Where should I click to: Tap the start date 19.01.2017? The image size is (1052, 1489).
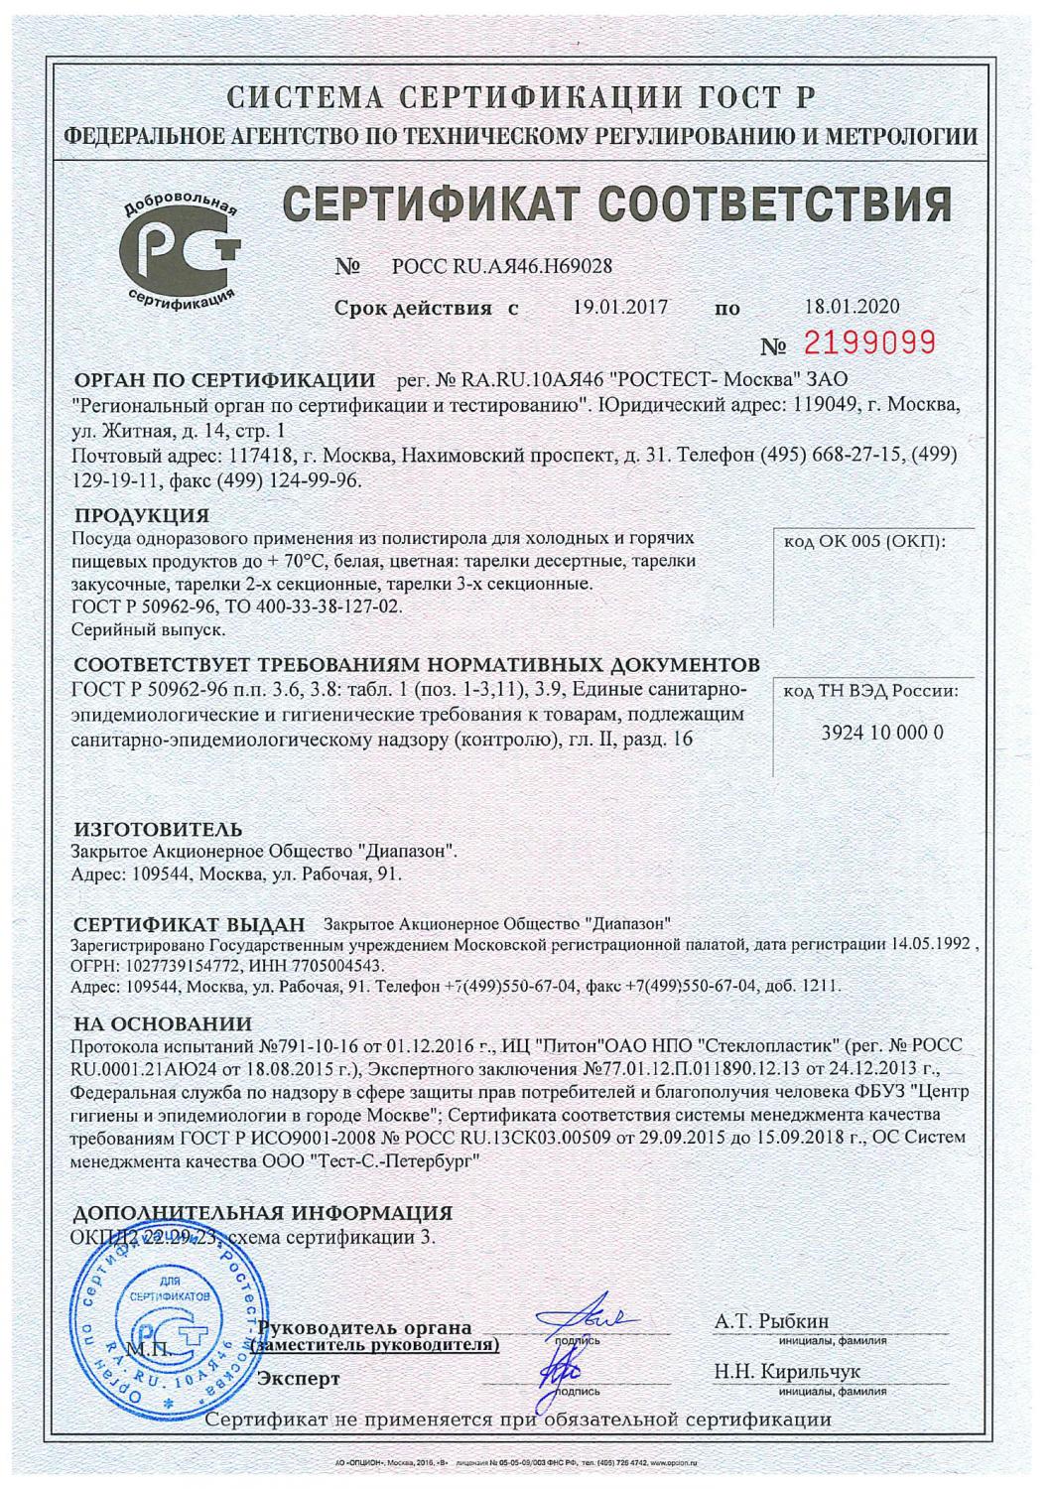point(620,307)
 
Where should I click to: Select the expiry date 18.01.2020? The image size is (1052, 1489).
point(852,307)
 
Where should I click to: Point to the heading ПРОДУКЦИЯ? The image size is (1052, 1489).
point(142,515)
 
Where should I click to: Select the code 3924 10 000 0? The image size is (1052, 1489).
point(870,733)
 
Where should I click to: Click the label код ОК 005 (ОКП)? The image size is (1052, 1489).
point(866,541)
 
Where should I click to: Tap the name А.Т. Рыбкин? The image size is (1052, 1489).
point(771,1321)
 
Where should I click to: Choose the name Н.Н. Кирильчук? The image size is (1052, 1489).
point(787,1372)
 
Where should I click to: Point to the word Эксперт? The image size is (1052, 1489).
point(298,1379)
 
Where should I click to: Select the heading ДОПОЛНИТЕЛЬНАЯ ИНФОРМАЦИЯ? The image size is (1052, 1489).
point(263,1213)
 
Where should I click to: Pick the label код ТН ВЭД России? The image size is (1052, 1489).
point(870,692)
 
